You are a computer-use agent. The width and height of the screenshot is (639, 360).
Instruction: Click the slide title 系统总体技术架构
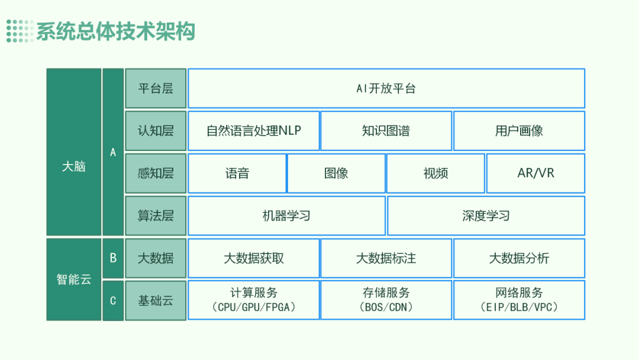tap(115, 31)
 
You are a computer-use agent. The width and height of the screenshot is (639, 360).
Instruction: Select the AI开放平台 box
tap(386, 88)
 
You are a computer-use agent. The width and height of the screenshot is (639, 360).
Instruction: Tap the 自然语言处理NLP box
tap(253, 131)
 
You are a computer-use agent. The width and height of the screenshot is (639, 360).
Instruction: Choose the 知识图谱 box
tap(386, 131)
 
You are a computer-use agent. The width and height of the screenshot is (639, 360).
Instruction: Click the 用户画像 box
tap(519, 131)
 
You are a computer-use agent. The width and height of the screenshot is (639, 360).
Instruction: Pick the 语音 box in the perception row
tap(237, 173)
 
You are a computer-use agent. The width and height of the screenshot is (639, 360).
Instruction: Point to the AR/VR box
tap(535, 173)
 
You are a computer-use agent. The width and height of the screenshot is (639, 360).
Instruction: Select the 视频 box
tap(435, 173)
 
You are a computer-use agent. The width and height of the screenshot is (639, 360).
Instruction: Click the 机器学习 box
tap(286, 216)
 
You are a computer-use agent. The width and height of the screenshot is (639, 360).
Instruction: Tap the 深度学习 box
tap(486, 216)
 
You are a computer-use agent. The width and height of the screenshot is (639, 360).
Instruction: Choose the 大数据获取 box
tap(253, 258)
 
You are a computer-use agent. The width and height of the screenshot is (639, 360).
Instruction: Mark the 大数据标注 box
tap(386, 258)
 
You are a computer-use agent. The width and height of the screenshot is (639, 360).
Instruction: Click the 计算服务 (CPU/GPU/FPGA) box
tap(253, 300)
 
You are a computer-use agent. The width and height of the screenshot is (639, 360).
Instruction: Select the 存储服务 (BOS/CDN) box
tap(386, 300)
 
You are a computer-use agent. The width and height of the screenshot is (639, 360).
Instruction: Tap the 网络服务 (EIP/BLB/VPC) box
tap(519, 300)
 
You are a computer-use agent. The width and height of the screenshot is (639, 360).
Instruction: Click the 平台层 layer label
tap(156, 88)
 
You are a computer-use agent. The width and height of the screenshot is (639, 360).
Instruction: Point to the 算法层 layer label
tap(156, 216)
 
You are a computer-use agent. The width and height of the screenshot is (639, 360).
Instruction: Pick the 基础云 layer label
tap(156, 300)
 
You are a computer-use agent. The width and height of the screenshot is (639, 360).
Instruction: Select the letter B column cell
tap(113, 258)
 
